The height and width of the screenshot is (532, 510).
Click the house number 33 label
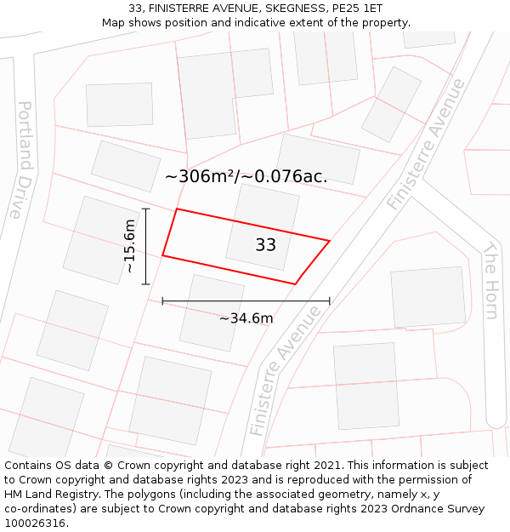pyautogui.click(x=265, y=245)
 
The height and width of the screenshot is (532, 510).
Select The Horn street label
pyautogui.click(x=491, y=280)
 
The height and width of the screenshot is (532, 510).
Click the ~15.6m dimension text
pyautogui.click(x=129, y=246)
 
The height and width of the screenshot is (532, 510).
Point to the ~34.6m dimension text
pyautogui.click(x=246, y=318)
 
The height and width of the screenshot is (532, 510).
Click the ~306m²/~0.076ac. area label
pyautogui.click(x=246, y=176)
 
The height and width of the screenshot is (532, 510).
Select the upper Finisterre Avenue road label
pyautogui.click(x=426, y=144)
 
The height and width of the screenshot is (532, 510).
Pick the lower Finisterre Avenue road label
pyautogui.click(x=286, y=371)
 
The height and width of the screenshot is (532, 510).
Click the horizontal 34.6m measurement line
pyautogui.click(x=246, y=300)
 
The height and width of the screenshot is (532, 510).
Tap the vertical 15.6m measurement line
pyautogui.click(x=146, y=246)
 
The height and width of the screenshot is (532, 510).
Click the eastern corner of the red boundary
pyautogui.click(x=329, y=241)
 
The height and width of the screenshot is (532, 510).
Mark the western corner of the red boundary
pyautogui.click(x=162, y=255)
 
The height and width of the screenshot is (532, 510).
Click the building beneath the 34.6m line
pyautogui.click(x=212, y=312)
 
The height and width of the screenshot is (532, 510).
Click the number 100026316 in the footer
pyautogui.click(x=37, y=523)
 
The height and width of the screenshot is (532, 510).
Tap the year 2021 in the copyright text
pyautogui.click(x=327, y=466)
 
